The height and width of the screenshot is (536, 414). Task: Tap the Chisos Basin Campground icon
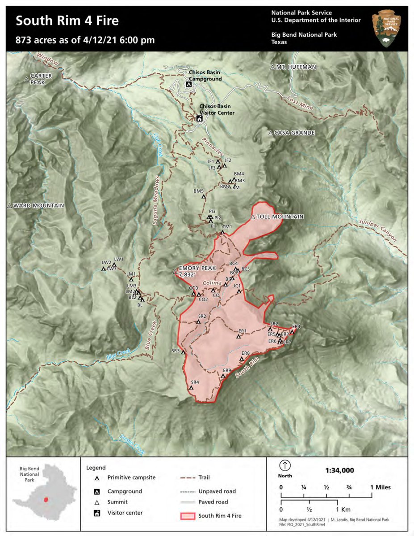point(189,84)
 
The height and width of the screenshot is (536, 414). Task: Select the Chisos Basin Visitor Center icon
point(199,118)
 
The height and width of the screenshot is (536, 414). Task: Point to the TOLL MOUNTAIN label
point(280,217)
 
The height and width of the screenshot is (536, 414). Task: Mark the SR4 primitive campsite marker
point(191,388)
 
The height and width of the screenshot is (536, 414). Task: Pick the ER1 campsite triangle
point(238,336)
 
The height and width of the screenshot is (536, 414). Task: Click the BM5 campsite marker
point(204,196)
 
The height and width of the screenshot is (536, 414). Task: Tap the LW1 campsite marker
point(114,264)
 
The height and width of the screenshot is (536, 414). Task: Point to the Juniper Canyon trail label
point(378,230)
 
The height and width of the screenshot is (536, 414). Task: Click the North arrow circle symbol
point(285,465)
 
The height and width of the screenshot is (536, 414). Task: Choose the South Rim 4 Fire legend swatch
point(188,516)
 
